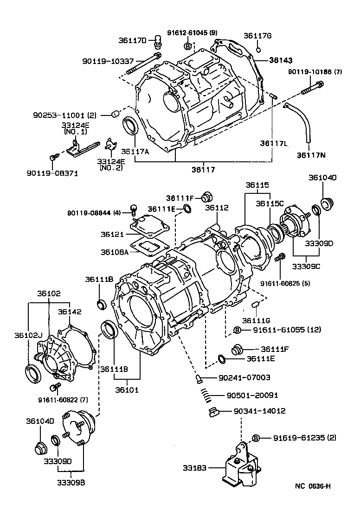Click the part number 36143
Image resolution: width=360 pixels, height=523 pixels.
click(x=281, y=60)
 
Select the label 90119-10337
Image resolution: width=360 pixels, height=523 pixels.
click(x=108, y=61)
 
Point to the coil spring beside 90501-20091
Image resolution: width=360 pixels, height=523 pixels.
click(x=207, y=395)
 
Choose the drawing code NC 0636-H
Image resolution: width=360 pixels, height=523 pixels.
click(x=313, y=486)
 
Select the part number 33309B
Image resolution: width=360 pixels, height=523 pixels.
click(x=71, y=482)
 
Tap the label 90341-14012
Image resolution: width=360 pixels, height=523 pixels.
click(x=259, y=411)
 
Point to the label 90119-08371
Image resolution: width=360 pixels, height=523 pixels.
click(x=52, y=173)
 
